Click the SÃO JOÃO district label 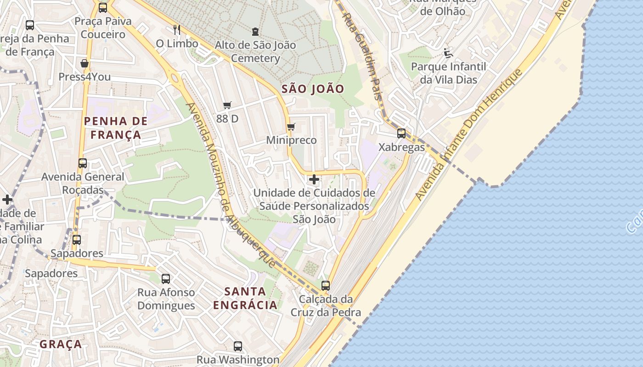pos(312,89)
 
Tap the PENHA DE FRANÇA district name pos(116,128)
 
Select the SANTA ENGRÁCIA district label pos(246,298)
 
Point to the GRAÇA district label pos(61,344)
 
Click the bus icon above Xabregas pos(401,133)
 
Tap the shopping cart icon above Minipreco pos(290,127)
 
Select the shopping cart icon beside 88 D pos(227,106)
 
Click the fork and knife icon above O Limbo pos(177,30)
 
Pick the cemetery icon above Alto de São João pos(255,32)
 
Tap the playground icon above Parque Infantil pos(448,53)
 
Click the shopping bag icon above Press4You pos(85,63)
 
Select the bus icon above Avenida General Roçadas pos(83,163)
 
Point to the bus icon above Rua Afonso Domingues pos(166,278)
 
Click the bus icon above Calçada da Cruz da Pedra pos(326,285)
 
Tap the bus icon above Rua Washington pos(238,346)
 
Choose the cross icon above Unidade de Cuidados pos(314,179)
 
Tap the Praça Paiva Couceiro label pos(103,28)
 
